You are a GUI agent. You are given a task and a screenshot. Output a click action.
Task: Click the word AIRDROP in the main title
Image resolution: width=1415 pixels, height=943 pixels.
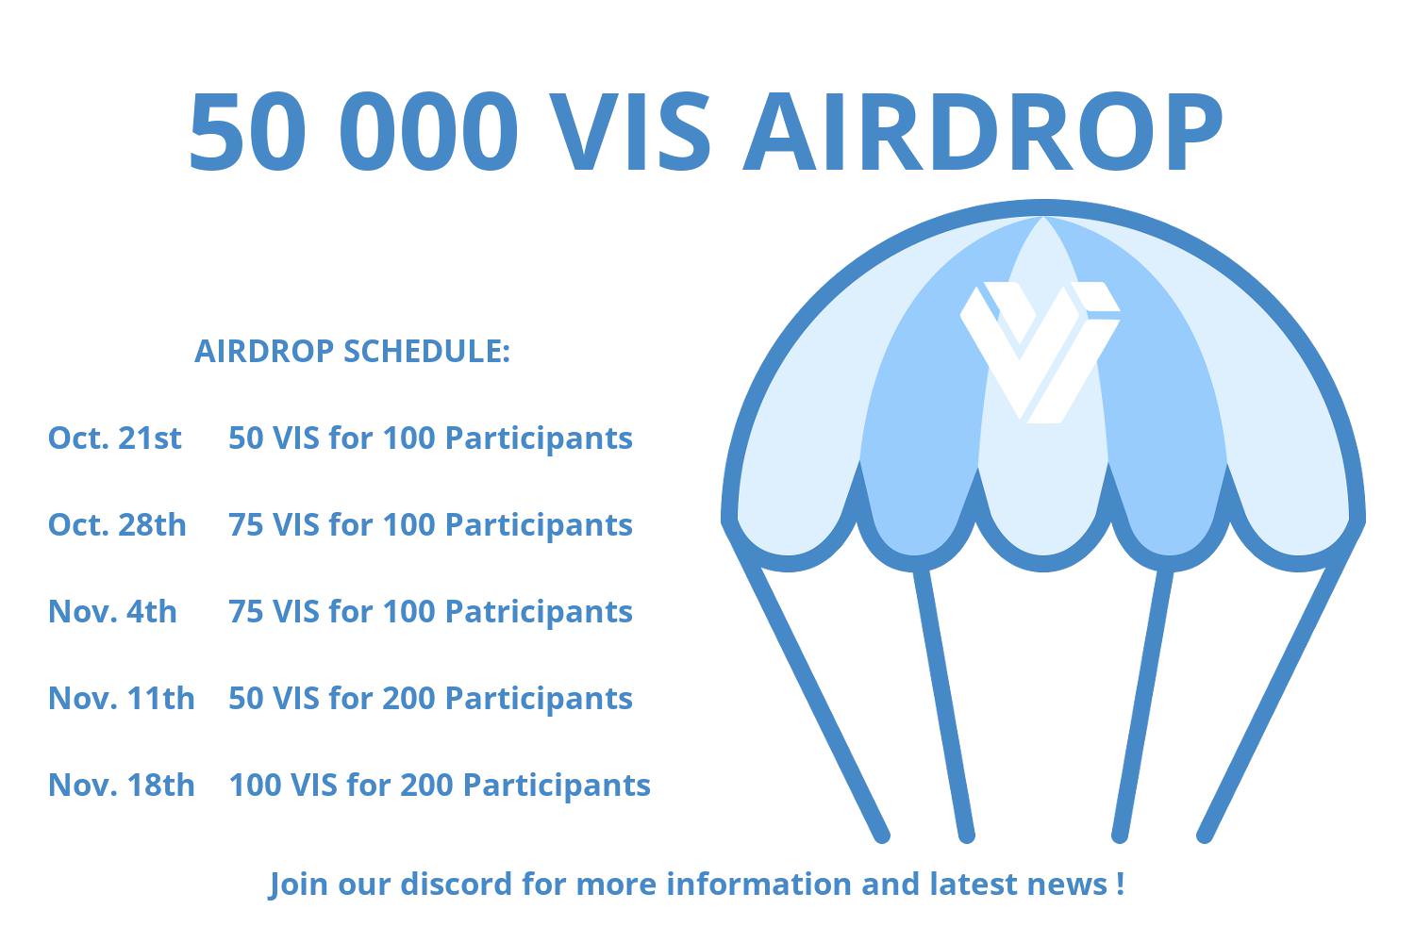[983, 131]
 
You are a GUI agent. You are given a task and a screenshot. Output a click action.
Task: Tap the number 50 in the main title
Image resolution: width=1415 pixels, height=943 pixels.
[247, 131]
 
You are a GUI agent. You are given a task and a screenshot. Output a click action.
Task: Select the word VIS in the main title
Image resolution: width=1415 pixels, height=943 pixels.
[629, 131]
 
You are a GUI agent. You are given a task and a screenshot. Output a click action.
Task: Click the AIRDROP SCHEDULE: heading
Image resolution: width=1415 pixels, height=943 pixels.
[352, 351]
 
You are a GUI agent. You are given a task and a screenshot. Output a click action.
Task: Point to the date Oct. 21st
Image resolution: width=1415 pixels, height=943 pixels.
[115, 438]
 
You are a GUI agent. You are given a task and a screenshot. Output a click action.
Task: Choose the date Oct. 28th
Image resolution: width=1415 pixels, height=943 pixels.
[117, 524]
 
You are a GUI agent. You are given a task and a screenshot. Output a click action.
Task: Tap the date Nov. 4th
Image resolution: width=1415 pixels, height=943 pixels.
[112, 611]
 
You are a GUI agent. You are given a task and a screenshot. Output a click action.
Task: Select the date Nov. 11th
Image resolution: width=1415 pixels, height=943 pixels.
[122, 698]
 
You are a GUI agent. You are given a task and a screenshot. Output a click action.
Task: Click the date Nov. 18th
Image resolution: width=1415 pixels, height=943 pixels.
[122, 785]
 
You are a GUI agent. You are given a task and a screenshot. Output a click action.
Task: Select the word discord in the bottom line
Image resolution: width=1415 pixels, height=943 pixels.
[456, 883]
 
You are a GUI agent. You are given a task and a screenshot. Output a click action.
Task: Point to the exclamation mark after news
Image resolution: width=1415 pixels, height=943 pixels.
[1120, 884]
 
